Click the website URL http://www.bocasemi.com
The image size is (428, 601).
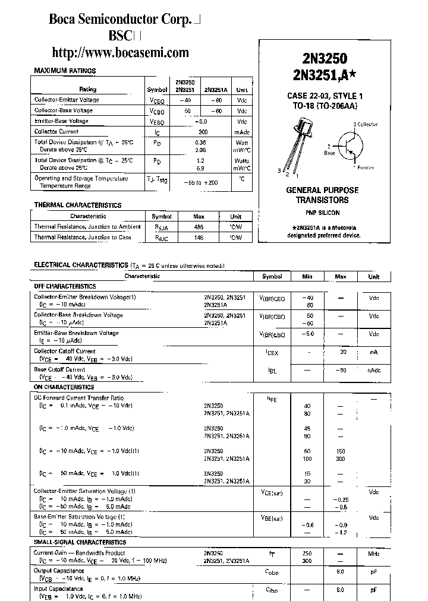[x=121, y=52]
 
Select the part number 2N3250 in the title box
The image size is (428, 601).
[x=320, y=58]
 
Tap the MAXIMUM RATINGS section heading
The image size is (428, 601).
[x=65, y=71]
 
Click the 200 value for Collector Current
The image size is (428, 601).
[x=203, y=132]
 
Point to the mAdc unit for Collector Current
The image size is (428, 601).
[x=242, y=132]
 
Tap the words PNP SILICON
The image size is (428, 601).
[x=319, y=212]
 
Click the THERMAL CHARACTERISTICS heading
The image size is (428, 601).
[x=77, y=205]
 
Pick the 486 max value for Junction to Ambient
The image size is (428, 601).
[x=199, y=227]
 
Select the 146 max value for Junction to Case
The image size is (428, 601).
[x=199, y=238]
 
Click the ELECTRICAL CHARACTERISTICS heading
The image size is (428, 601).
[x=80, y=265]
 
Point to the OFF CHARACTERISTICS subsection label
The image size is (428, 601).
[x=65, y=286]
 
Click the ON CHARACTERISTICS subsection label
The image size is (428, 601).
[x=64, y=387]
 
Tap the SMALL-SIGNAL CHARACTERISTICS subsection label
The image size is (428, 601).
[x=80, y=542]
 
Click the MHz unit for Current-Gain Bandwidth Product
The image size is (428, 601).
[x=373, y=553]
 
